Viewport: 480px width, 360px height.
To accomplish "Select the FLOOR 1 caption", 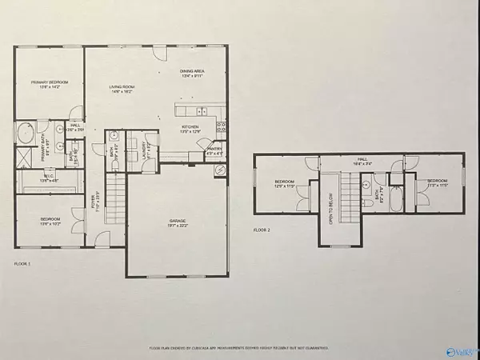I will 24,263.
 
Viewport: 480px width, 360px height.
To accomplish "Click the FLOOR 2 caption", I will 263,230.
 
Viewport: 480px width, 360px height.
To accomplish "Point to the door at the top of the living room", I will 157,50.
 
